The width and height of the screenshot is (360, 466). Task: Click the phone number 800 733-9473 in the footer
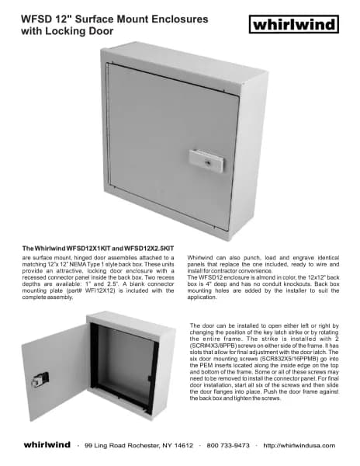(228, 446)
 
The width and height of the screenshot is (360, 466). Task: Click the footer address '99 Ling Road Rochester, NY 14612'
(139, 446)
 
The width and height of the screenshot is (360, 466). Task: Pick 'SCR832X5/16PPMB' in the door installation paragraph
(262, 358)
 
